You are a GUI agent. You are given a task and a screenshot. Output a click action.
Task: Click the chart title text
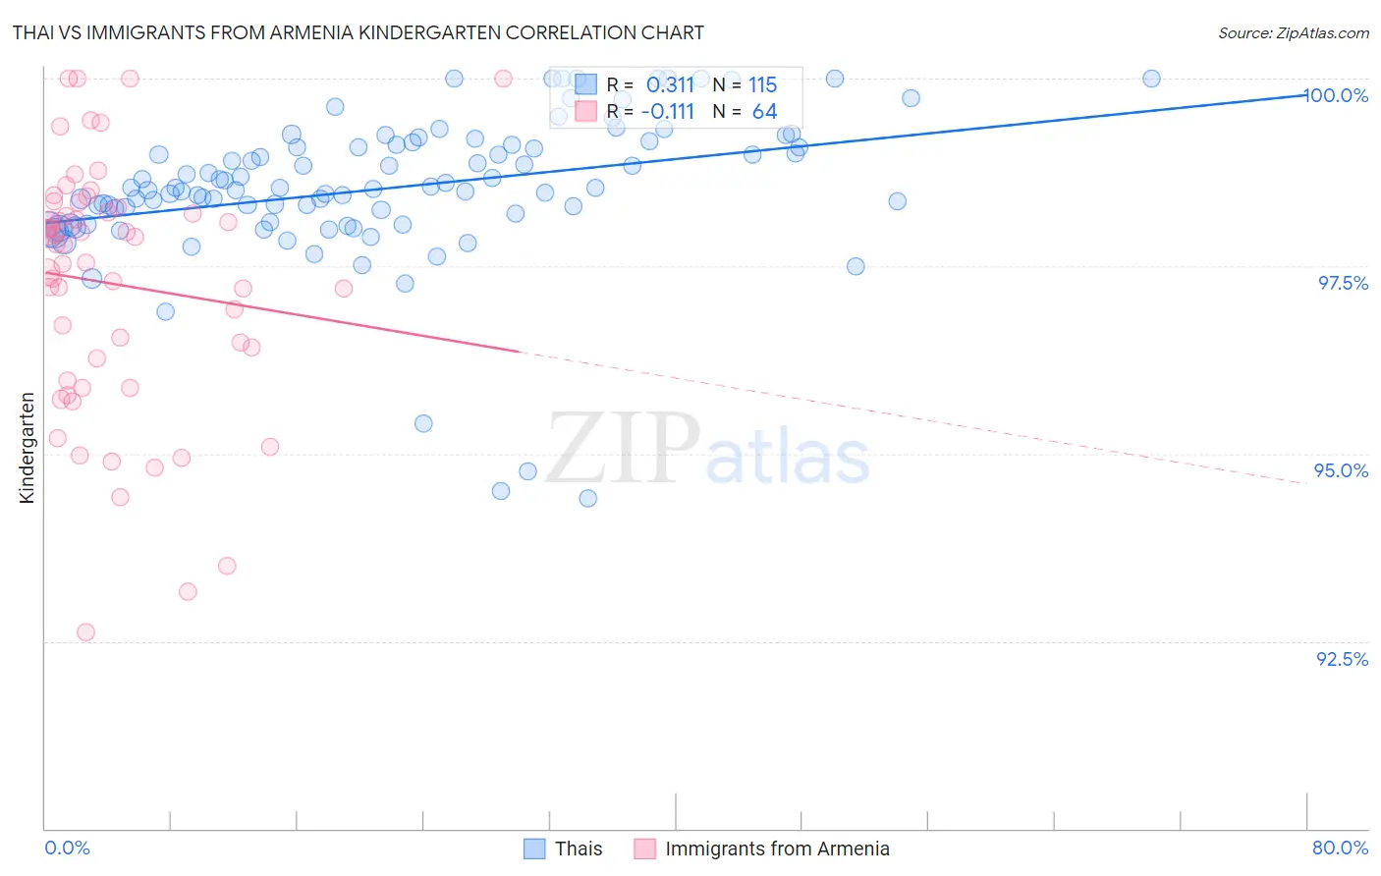[358, 32]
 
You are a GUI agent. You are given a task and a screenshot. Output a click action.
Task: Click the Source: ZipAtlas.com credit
[1293, 32]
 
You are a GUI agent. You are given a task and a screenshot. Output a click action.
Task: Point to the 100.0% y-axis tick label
[1337, 95]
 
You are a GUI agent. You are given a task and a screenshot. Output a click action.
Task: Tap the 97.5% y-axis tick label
[1343, 283]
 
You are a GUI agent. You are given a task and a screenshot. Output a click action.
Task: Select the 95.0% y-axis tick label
[1342, 470]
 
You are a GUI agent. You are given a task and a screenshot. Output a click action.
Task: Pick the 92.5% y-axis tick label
[1342, 659]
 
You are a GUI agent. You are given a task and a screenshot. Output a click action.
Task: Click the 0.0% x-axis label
[67, 848]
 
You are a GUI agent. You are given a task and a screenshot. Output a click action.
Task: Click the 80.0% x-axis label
[1340, 848]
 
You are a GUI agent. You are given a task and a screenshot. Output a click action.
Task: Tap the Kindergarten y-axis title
[27, 448]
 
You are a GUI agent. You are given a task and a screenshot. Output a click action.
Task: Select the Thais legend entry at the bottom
[578, 849]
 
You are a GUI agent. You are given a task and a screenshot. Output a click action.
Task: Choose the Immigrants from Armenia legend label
[777, 849]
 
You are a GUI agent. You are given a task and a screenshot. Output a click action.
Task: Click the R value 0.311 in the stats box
[670, 85]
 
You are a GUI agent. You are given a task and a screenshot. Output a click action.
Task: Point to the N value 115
[762, 85]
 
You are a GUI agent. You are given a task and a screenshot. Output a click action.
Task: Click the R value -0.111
[667, 112]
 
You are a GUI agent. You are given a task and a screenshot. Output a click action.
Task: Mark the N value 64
[764, 112]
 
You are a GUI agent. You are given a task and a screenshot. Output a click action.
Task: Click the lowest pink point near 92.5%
[85, 632]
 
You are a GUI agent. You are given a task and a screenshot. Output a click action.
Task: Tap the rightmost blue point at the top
[1151, 79]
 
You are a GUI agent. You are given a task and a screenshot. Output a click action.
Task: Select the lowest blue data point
[587, 498]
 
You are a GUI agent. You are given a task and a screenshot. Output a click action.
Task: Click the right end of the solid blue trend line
[1306, 94]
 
